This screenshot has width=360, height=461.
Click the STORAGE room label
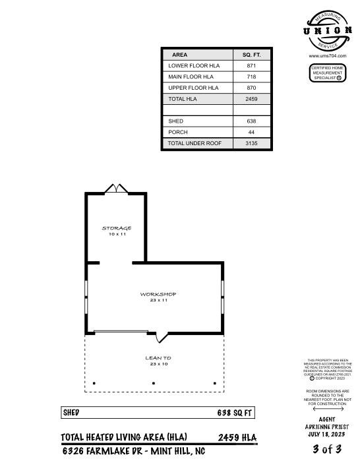click(x=116, y=228)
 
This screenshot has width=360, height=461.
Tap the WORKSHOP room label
click(x=158, y=294)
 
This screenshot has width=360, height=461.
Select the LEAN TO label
click(x=158, y=358)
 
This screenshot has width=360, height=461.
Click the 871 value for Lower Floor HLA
click(x=251, y=66)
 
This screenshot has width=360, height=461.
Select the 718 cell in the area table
click(x=251, y=77)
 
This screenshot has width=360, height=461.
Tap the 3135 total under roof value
click(x=251, y=143)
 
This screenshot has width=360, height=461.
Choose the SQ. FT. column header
click(x=251, y=55)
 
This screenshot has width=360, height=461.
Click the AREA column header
click(x=179, y=55)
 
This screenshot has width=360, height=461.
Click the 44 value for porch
click(x=251, y=132)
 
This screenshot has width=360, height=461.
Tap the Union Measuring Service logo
click(x=327, y=30)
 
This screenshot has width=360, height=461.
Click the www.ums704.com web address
click(x=327, y=56)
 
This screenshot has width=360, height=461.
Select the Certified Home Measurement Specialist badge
click(x=327, y=73)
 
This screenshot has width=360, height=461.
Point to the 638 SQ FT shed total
click(x=235, y=413)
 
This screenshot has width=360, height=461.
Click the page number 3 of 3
click(x=327, y=449)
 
